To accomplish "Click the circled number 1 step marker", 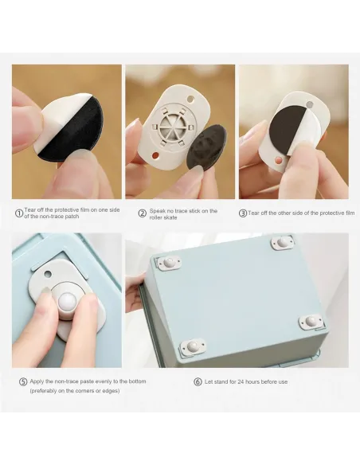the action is click(19, 213).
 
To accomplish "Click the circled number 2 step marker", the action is click(143, 213).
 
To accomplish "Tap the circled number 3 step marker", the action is click(243, 213).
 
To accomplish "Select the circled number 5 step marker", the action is click(23, 381).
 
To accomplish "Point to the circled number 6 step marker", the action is click(198, 381).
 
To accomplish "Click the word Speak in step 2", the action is click(157, 211).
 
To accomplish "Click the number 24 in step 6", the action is click(241, 381).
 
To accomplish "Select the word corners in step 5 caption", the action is click(86, 391).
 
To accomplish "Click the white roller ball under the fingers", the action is click(68, 302).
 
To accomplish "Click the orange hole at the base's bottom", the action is click(155, 155).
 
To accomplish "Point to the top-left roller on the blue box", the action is click(168, 263).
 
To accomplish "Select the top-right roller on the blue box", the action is click(282, 242).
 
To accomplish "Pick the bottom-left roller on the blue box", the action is click(193, 346).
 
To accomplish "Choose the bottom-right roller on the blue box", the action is click(310, 321).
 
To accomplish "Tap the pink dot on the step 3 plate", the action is click(278, 160).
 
